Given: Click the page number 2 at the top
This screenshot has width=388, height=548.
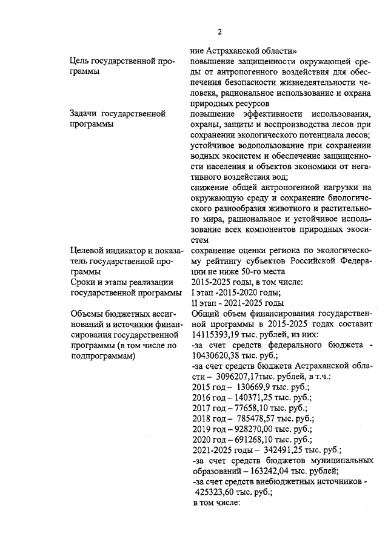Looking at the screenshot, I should point(220,32).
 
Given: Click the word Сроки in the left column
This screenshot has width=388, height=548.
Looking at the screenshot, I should point(84,282).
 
